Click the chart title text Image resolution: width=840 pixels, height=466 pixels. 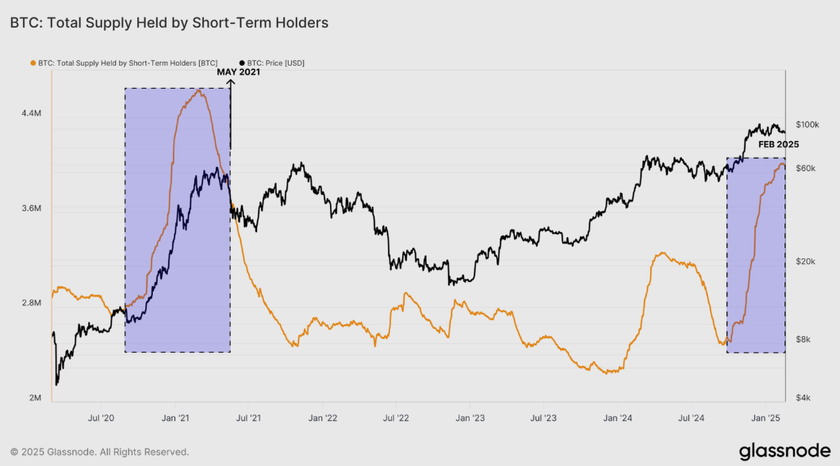[x=169, y=23]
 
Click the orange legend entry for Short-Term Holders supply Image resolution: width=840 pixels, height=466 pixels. [x=131, y=63]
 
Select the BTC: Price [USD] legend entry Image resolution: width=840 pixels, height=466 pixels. [x=272, y=63]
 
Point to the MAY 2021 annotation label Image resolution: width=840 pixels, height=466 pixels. [x=239, y=72]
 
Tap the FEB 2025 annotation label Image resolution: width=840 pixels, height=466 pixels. [x=778, y=145]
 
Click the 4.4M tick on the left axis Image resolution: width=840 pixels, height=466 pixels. [x=31, y=114]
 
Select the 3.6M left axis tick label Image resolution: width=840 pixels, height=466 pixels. [x=31, y=208]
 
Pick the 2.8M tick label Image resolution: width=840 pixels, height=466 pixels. [x=31, y=303]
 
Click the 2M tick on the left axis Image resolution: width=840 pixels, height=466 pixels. [x=34, y=398]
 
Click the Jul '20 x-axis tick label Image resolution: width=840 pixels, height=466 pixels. [x=101, y=417]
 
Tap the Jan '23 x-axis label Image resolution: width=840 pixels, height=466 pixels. [x=471, y=417]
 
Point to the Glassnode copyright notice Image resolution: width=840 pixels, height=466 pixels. [x=99, y=452]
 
